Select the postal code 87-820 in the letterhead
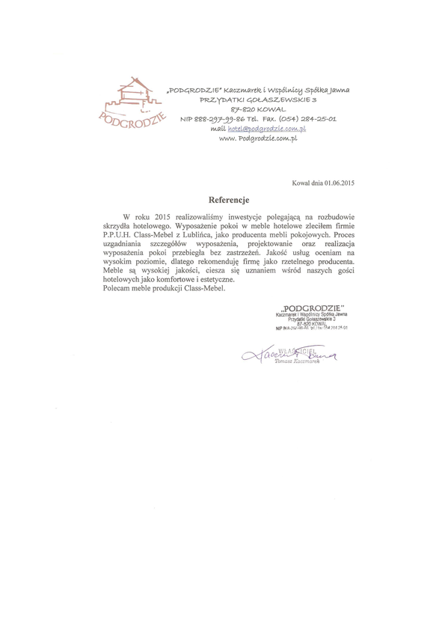pos(225,109)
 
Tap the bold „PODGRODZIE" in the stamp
pos(313,308)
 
